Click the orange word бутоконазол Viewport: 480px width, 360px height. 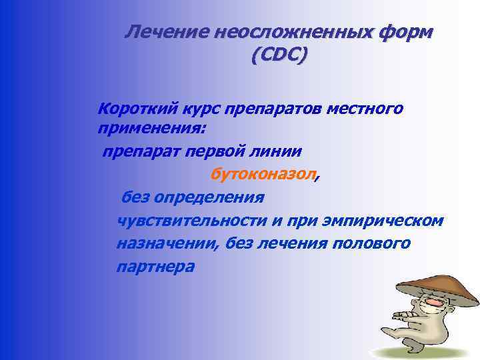[263, 175]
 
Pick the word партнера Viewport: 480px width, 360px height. [155, 267]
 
